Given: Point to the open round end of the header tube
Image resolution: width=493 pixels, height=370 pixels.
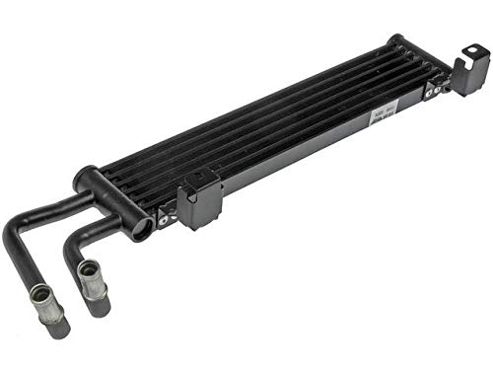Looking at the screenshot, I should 142,230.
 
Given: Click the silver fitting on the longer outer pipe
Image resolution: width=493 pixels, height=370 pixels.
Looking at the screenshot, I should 43,297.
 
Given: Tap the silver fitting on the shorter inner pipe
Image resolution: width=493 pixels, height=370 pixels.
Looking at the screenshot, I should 89,271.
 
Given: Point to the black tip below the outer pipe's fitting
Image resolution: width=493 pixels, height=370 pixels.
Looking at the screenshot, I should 56,325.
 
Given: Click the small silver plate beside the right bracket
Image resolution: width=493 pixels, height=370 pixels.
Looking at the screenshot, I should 435,91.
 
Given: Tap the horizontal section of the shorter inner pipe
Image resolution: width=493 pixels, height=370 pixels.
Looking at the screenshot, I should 104,229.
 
